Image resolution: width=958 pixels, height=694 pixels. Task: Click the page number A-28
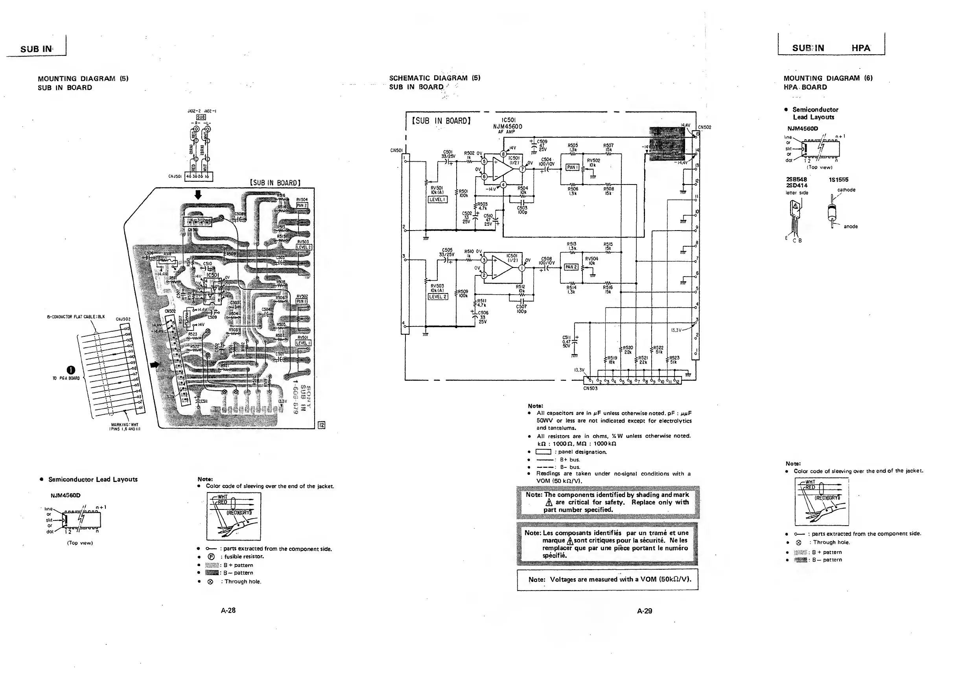pyautogui.click(x=228, y=610)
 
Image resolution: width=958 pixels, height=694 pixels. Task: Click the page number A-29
pyautogui.click(x=645, y=611)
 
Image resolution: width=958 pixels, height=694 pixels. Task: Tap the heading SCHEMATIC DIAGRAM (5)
pyautogui.click(x=435, y=78)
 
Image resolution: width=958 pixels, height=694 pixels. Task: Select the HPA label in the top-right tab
pyautogui.click(x=860, y=48)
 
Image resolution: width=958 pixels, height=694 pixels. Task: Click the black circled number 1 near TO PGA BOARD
pyautogui.click(x=70, y=370)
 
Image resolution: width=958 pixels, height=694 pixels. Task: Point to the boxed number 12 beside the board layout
pyautogui.click(x=321, y=425)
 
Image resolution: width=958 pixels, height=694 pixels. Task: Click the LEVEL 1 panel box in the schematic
pyautogui.click(x=438, y=199)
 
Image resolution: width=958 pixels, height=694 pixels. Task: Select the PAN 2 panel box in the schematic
pyautogui.click(x=571, y=267)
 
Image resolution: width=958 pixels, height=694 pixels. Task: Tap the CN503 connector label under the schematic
pyautogui.click(x=590, y=388)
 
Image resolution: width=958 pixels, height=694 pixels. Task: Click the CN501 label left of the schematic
pyautogui.click(x=396, y=150)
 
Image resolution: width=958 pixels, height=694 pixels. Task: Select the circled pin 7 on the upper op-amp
pyautogui.click(x=522, y=170)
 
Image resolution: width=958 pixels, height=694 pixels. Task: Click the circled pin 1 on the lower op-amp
pyautogui.click(x=522, y=268)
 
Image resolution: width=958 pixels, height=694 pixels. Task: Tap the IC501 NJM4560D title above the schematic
pyautogui.click(x=508, y=124)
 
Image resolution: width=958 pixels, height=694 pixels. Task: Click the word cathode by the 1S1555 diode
pyautogui.click(x=846, y=190)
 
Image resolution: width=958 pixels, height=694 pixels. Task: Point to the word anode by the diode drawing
pyautogui.click(x=851, y=227)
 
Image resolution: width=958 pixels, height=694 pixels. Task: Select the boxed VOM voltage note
pyautogui.click(x=608, y=580)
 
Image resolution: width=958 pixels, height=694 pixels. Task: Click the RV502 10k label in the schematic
pyautogui.click(x=593, y=163)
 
